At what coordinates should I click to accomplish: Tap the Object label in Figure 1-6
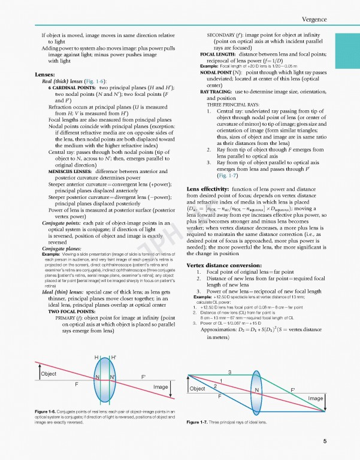pos(49,373)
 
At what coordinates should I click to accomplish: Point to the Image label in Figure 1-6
pos(160,387)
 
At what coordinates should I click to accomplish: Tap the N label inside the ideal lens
pos(257,391)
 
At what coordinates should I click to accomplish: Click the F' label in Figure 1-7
pos(293,391)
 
